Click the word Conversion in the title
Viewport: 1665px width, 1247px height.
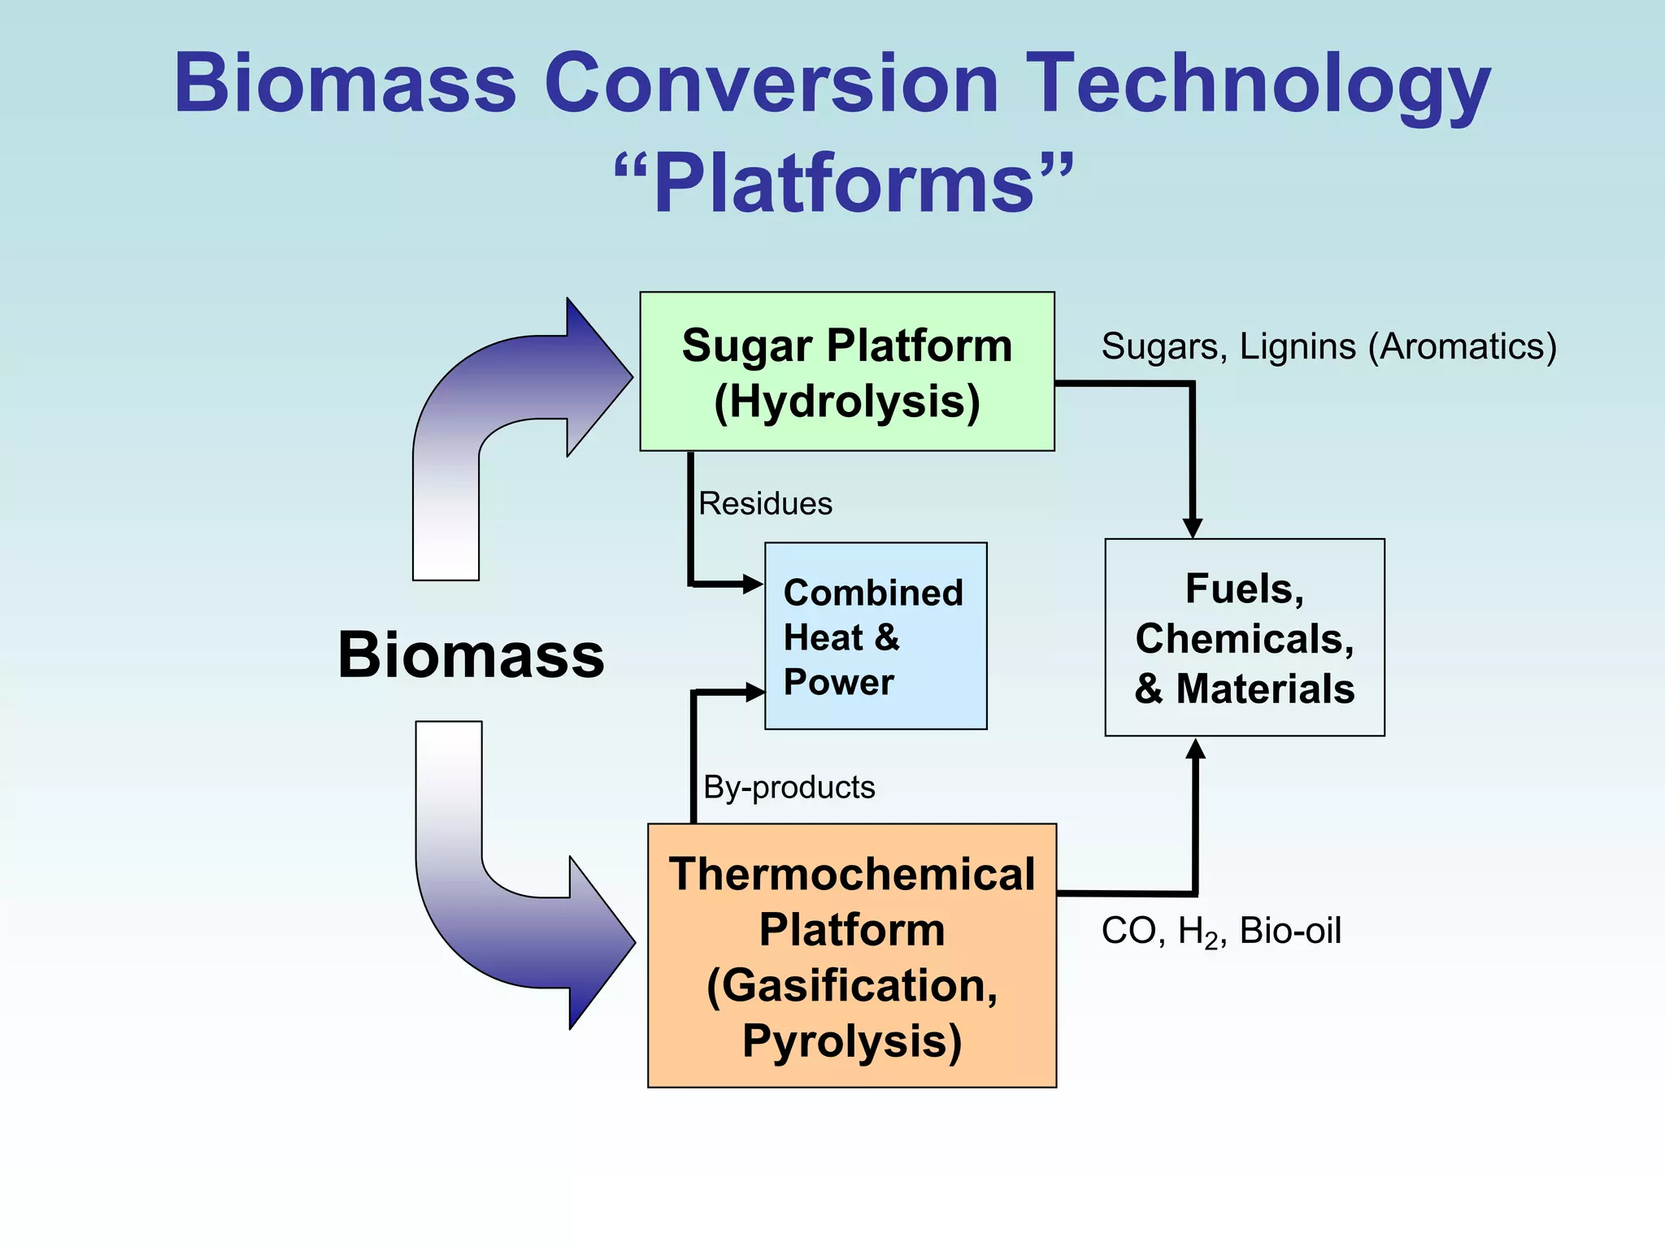click(x=771, y=83)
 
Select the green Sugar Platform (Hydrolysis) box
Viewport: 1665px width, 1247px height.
click(x=846, y=371)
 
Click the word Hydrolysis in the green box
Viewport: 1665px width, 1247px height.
click(x=846, y=402)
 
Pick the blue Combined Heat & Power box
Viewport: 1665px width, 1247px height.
click(x=876, y=636)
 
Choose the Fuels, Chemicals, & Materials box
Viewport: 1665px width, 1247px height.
click(x=1244, y=637)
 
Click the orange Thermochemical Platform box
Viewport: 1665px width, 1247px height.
click(x=851, y=954)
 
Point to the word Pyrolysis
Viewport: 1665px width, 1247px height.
click(x=851, y=1041)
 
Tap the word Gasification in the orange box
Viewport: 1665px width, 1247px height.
click(x=851, y=986)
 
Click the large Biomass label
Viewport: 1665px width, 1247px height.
click(x=471, y=655)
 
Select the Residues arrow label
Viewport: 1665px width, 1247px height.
click(x=765, y=504)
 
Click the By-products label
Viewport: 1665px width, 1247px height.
click(x=789, y=787)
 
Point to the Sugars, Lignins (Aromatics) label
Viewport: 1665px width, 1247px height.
click(x=1328, y=347)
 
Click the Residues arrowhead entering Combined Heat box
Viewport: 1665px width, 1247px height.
click(x=751, y=584)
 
